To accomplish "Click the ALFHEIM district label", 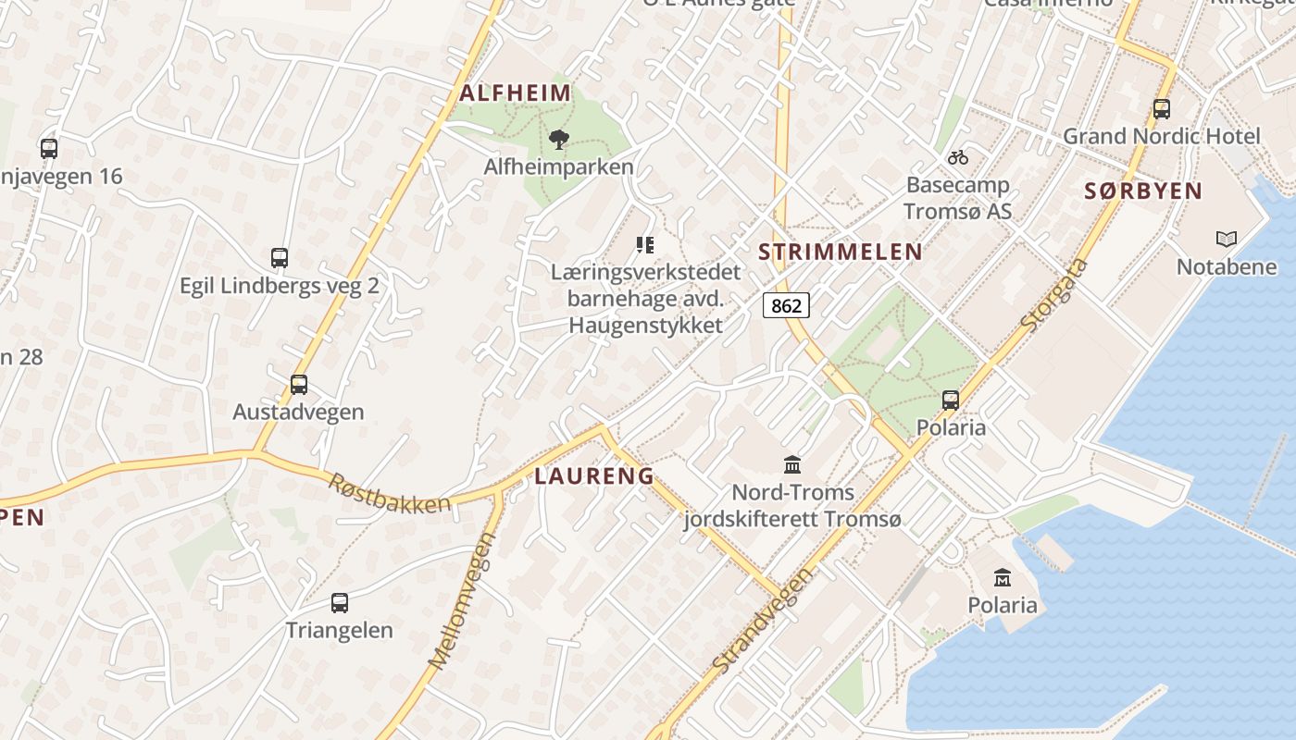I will [x=516, y=93].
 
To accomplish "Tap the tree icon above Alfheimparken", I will [x=558, y=140].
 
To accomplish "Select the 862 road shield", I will [x=786, y=304].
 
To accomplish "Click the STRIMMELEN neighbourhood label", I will [x=841, y=252].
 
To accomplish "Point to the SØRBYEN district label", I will [x=1143, y=191].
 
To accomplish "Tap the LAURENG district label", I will [x=594, y=476].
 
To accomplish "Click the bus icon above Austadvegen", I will [x=298, y=384].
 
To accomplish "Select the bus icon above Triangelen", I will [x=340, y=603].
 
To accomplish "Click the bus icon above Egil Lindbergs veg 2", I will [x=280, y=258].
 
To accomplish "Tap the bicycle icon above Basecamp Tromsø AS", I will [x=958, y=157].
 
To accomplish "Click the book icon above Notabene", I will [x=1226, y=240].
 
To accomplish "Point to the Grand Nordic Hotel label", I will [x=1161, y=137].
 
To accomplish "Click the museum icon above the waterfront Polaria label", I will [x=1002, y=578].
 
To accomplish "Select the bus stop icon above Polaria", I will [x=951, y=401].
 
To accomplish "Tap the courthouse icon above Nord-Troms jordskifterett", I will [x=792, y=464].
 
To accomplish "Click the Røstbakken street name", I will [x=390, y=491].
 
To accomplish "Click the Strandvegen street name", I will [x=764, y=621].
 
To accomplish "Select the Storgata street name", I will [x=1055, y=296].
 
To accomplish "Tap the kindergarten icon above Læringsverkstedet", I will [x=645, y=245].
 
